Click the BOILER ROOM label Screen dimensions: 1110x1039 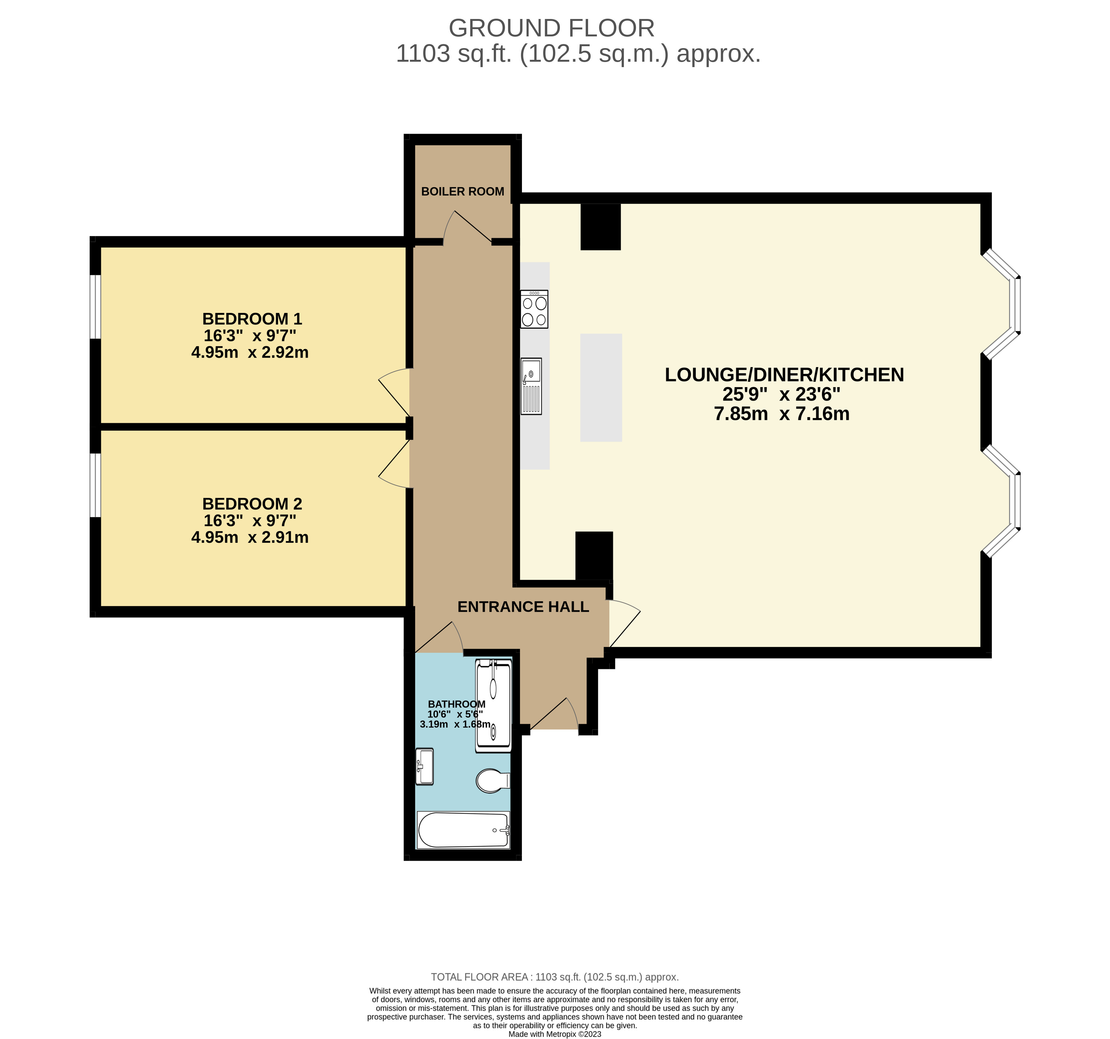click(462, 191)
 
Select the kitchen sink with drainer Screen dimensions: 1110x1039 click(531, 386)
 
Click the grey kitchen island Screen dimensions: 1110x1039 click(601, 387)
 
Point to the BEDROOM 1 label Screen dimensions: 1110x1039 click(252, 319)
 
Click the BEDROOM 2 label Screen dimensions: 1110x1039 click(252, 504)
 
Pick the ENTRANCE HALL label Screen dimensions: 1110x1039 click(523, 607)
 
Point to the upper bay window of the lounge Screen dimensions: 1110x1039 click(1002, 304)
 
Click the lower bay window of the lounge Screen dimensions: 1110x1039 click(1002, 501)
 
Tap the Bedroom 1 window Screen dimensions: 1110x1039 click(96, 306)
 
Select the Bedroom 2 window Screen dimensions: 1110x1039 click(96, 485)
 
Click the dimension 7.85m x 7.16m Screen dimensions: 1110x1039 click(782, 414)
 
